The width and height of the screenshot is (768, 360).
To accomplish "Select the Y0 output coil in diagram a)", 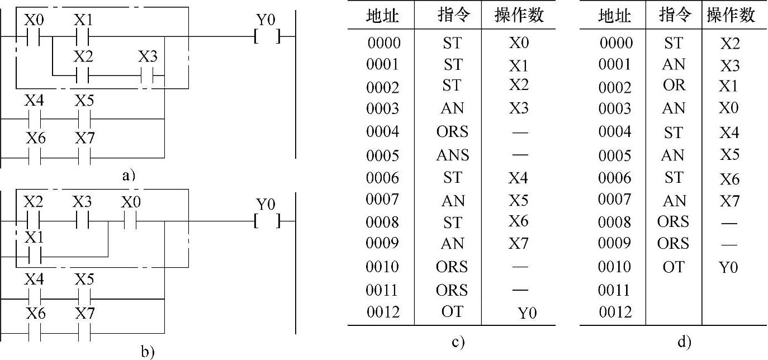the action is (266, 37).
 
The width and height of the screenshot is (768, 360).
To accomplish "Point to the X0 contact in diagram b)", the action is (130, 221).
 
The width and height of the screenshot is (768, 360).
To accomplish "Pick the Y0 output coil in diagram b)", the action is (266, 221).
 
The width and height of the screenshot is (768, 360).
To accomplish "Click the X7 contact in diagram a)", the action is (84, 158).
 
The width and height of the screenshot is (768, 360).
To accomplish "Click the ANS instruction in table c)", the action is (452, 155).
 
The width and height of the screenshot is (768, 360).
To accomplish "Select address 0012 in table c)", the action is (383, 312).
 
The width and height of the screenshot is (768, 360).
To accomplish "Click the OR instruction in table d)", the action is (673, 85).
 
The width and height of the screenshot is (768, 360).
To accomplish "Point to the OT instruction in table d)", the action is (673, 267).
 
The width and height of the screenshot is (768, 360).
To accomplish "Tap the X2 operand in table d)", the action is (729, 43).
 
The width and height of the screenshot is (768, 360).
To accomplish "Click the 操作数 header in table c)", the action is (519, 16).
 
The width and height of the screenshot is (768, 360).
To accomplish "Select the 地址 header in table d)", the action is (614, 16).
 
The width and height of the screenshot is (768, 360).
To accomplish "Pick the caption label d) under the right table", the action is (684, 342).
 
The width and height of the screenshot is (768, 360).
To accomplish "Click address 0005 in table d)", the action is (615, 155).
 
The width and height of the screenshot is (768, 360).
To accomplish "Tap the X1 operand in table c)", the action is (518, 65).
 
